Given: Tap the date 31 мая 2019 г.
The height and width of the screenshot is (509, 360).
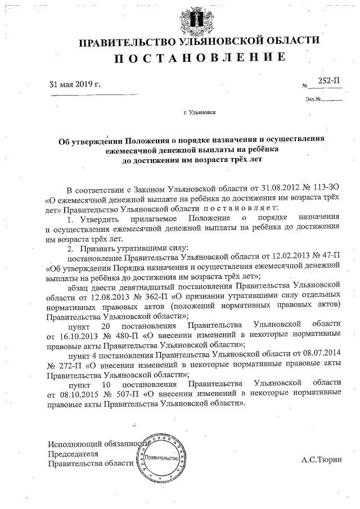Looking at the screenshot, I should point(75,85).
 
